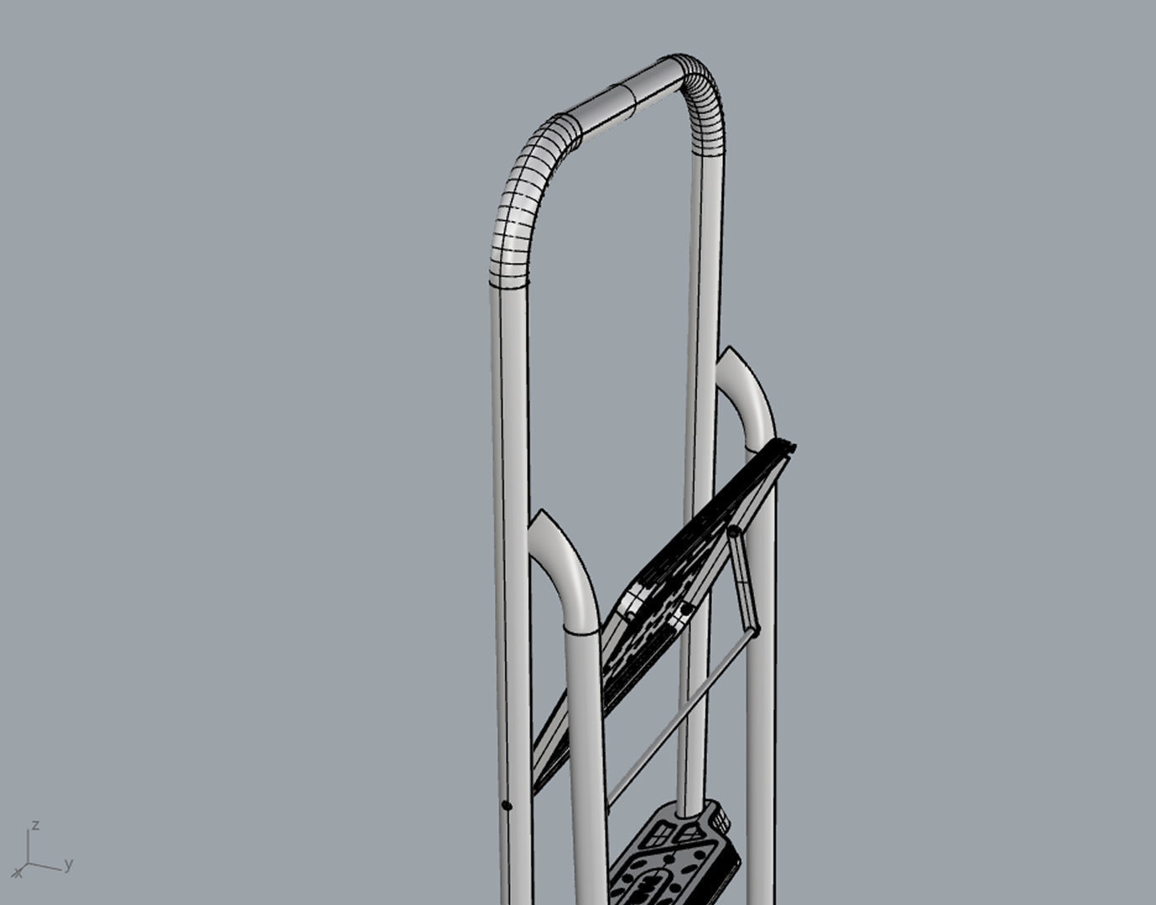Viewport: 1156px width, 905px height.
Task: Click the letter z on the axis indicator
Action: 34,825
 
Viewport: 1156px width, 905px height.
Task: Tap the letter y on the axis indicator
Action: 69,863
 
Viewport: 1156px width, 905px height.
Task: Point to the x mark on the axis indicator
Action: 18,873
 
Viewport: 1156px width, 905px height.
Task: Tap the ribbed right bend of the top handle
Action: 704,101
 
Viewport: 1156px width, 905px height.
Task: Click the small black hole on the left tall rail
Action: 506,805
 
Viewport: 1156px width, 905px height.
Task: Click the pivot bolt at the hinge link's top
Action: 733,532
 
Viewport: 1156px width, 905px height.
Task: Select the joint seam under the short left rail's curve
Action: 580,630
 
